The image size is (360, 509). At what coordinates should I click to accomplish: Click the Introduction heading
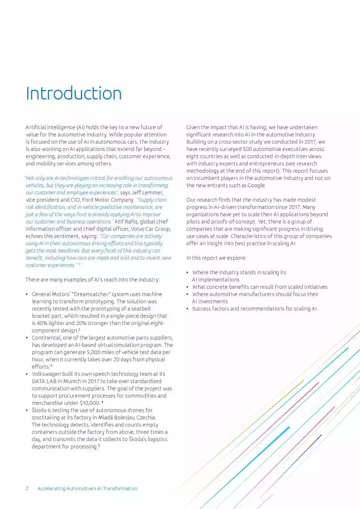(x=74, y=94)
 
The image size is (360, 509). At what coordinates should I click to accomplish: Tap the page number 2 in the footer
(x=27, y=488)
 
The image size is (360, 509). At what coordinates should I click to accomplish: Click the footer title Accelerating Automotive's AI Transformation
(x=87, y=488)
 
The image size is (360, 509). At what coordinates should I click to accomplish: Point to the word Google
(x=256, y=185)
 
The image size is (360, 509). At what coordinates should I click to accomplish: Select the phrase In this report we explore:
(x=216, y=258)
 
